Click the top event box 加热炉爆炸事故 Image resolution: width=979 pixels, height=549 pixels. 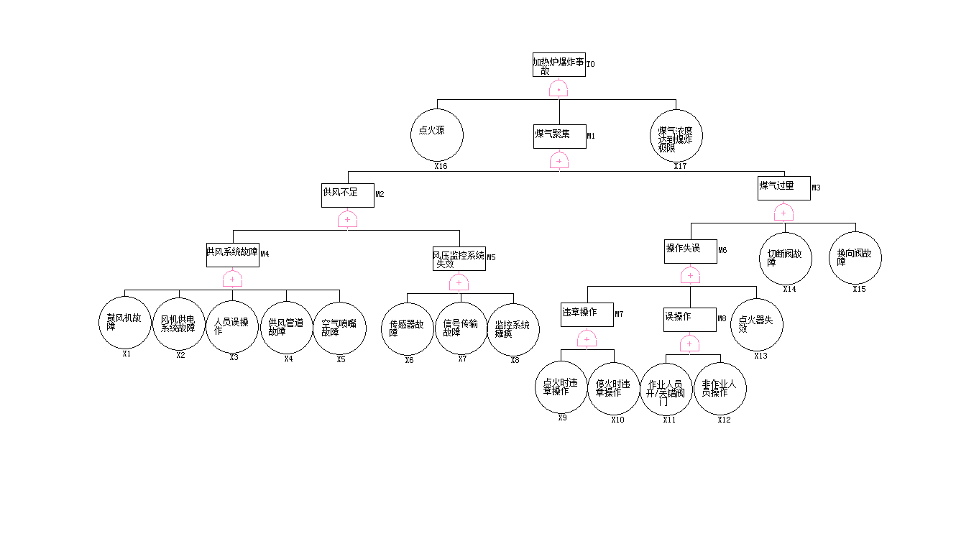coord(559,65)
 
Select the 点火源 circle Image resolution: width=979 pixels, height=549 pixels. coord(437,134)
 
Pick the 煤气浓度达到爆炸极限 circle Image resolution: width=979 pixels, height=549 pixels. coord(676,136)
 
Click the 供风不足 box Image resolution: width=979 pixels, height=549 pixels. coord(347,195)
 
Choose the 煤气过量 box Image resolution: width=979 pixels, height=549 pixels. coord(783,188)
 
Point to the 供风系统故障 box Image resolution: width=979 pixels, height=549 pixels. coord(232,254)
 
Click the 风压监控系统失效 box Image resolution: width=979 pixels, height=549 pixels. coord(459,259)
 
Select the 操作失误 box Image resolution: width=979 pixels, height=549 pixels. coord(690,251)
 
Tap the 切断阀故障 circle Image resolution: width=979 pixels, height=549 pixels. coord(785,258)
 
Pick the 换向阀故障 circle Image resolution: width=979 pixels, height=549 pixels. coord(855,258)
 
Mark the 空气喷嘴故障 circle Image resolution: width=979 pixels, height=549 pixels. coord(339,328)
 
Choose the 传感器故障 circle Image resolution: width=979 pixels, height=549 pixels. coord(408,328)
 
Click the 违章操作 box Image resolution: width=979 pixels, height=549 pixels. coord(587,314)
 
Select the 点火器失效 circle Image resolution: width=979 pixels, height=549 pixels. coord(756,325)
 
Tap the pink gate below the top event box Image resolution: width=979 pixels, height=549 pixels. coord(559,88)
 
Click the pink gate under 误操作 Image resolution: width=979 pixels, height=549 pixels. coord(689,344)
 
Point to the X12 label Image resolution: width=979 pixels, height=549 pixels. coord(724,420)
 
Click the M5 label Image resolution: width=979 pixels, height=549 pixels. coord(492,257)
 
